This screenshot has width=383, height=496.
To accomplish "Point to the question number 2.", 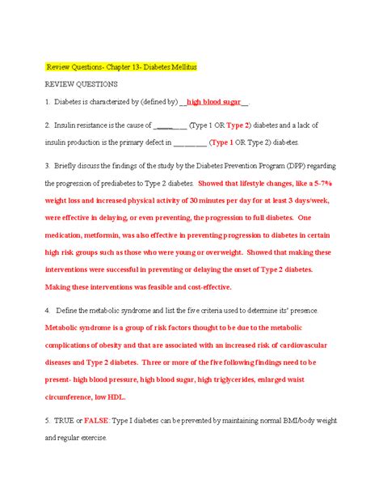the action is (x=48, y=125).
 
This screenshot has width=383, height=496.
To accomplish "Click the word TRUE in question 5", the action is (x=66, y=421).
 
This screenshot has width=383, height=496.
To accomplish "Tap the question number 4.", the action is (x=48, y=311).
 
